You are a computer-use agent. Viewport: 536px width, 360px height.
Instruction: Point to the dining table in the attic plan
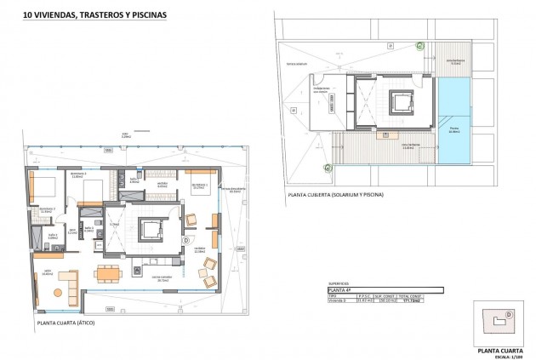[107, 272]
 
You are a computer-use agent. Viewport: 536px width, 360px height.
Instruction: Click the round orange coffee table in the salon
[58, 291]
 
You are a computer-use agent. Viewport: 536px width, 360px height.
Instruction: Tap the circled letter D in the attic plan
[186, 241]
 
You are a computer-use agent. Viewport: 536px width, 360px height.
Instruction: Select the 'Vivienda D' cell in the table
[339, 300]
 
